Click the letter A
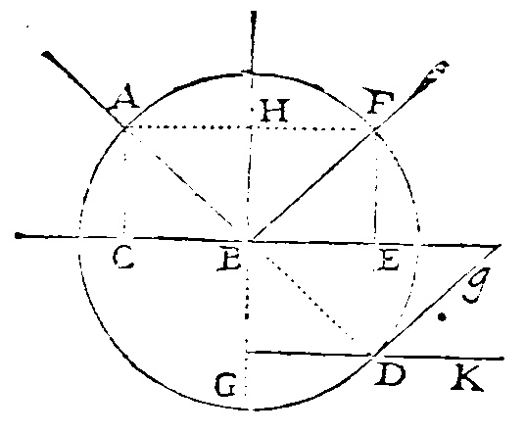pyautogui.click(x=122, y=97)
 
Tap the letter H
pyautogui.click(x=274, y=111)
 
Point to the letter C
pyautogui.click(x=123, y=259)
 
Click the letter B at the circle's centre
pyautogui.click(x=229, y=260)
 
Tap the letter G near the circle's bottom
pyautogui.click(x=226, y=385)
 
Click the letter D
pyautogui.click(x=390, y=375)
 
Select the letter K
pyautogui.click(x=467, y=378)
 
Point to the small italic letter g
pyautogui.click(x=475, y=285)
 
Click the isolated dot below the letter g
pyautogui.click(x=443, y=316)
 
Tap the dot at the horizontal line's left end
pyautogui.click(x=19, y=236)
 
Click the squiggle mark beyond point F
pyautogui.click(x=432, y=75)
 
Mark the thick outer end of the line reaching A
pyautogui.click(x=47, y=55)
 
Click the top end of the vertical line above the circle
pyautogui.click(x=254, y=13)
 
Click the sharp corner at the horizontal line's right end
pyautogui.click(x=501, y=246)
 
